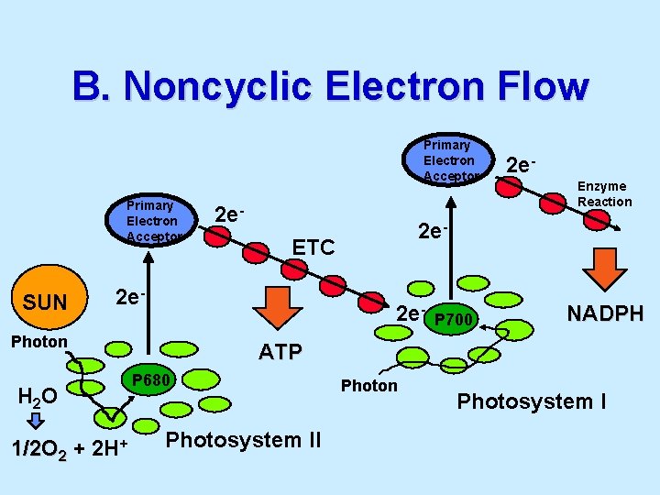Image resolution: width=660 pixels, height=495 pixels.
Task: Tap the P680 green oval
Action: tap(148, 379)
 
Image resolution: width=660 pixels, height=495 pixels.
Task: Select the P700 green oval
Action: tap(453, 319)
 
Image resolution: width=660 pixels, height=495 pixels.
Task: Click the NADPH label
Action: tap(605, 313)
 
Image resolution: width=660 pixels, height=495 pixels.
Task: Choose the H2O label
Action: tap(38, 396)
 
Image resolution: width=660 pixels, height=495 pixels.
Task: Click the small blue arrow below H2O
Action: tap(35, 421)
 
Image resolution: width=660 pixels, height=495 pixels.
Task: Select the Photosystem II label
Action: tap(244, 440)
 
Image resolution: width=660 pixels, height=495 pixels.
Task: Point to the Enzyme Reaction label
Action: tap(604, 193)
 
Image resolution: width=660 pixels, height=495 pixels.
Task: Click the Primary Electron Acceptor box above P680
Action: tap(152, 221)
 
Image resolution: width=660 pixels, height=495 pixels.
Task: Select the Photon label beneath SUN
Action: tap(38, 342)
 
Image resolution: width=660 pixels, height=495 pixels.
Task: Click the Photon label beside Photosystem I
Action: tap(369, 386)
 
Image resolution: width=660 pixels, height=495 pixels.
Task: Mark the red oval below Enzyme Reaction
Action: tap(598, 220)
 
